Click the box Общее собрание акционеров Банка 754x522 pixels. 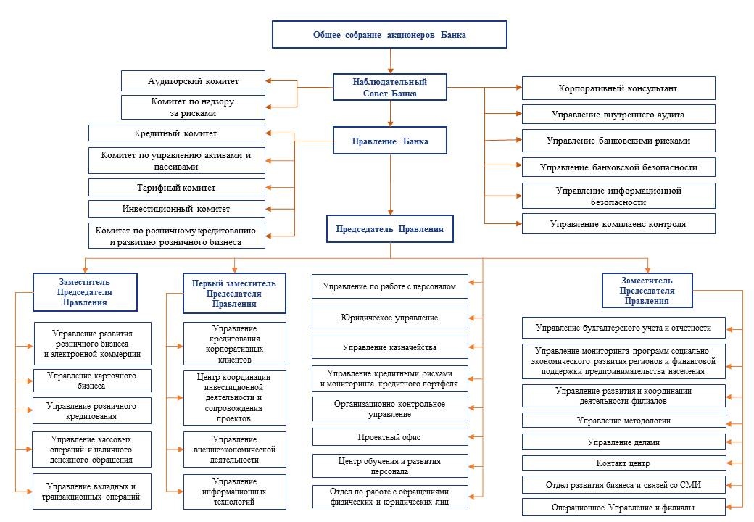click(389, 35)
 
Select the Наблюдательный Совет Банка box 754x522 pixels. click(390, 87)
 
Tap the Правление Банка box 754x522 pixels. click(390, 141)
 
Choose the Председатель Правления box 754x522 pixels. click(390, 229)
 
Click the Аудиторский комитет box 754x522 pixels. click(193, 80)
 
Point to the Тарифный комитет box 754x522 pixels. click(176, 188)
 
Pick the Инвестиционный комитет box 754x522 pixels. click(176, 209)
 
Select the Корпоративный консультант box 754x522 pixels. click(618, 88)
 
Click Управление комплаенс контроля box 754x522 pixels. click(618, 223)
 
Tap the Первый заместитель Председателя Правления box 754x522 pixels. click(234, 293)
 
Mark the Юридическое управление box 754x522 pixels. click(389, 318)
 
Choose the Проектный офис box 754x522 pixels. click(389, 437)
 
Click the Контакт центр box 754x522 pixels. click(623, 463)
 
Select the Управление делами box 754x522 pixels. click(623, 442)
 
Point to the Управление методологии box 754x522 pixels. click(623, 420)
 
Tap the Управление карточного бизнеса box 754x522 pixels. click(92, 380)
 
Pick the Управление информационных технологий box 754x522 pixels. click(235, 492)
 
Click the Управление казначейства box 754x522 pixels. click(389, 347)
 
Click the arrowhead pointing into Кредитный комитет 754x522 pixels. click(268, 133)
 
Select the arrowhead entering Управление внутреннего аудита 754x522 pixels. click(519, 114)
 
